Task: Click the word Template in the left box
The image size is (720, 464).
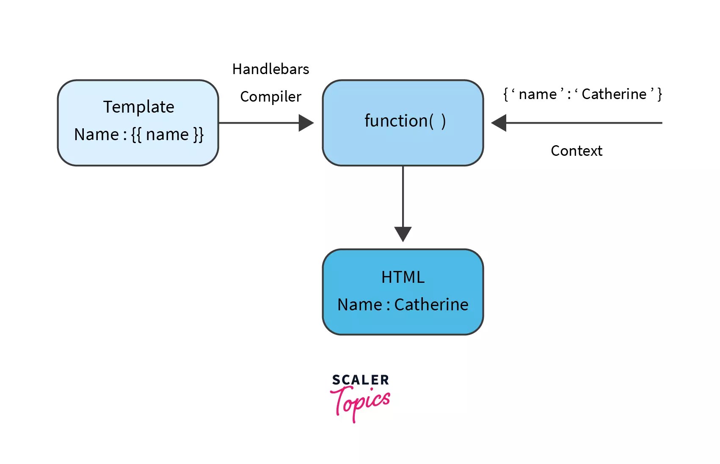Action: [x=138, y=107]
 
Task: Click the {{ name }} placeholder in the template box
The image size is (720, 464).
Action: [x=168, y=135]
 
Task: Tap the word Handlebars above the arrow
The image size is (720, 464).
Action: [x=270, y=69]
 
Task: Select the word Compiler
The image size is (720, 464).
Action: [x=270, y=97]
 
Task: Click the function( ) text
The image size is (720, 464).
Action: [x=405, y=121]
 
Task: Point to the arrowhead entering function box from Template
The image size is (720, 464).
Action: [x=306, y=123]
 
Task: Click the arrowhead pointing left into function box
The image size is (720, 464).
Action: [x=499, y=123]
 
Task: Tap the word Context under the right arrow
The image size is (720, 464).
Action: [x=576, y=151]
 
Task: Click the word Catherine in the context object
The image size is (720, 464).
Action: [x=614, y=94]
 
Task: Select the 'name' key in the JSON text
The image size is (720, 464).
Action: [x=537, y=94]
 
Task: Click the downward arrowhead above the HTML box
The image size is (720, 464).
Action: [x=403, y=234]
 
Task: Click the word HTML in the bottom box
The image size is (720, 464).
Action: [x=403, y=277]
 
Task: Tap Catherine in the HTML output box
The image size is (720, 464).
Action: [x=431, y=305]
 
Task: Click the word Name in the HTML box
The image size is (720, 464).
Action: [x=359, y=305]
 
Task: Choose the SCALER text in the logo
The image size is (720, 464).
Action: [x=360, y=380]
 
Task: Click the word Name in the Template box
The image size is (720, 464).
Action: [x=96, y=135]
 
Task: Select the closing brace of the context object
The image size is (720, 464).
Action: [x=659, y=94]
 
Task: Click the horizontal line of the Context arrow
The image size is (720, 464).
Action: [x=584, y=123]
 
